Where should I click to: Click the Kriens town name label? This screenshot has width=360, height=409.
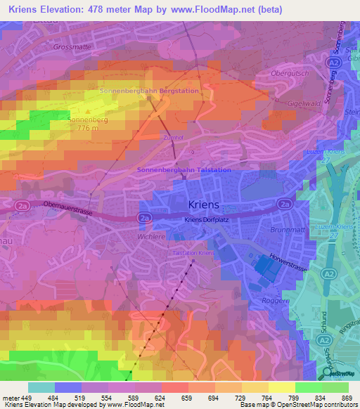click(x=205, y=204)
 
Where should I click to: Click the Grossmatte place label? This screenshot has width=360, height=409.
click(x=72, y=47)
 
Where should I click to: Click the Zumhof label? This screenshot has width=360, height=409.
click(x=173, y=138)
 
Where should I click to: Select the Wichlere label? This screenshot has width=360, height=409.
click(x=151, y=237)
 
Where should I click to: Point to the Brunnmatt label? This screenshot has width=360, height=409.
click(x=286, y=230)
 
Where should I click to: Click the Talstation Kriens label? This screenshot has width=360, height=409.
click(x=193, y=252)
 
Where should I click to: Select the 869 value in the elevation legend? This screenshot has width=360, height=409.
click(x=347, y=397)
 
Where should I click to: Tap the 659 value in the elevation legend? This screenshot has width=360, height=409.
click(x=186, y=397)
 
